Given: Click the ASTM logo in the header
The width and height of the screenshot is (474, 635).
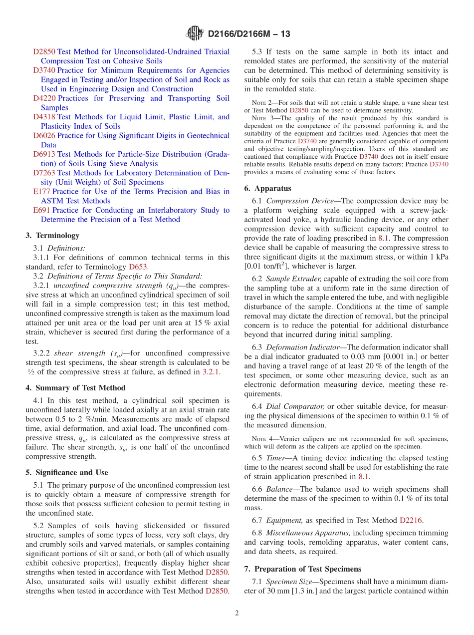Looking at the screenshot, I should pyautogui.click(x=195, y=33).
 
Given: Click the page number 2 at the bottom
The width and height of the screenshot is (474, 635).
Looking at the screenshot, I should pyautogui.click(x=237, y=613).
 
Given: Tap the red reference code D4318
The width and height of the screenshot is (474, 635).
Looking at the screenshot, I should pyautogui.click(x=44, y=117).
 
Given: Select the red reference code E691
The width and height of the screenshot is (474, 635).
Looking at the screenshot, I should pyautogui.click(x=41, y=210).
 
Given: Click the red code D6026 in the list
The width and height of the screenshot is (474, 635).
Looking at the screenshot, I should pyautogui.click(x=44, y=136).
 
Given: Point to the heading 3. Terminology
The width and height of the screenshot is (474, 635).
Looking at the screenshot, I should pyautogui.click(x=52, y=236).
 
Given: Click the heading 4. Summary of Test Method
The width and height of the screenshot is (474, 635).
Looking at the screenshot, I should pyautogui.click(x=75, y=388).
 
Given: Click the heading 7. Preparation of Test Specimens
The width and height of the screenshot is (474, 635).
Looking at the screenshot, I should pyautogui.click(x=302, y=569).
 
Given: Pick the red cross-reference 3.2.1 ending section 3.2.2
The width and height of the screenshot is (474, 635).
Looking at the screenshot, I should pyautogui.click(x=210, y=372).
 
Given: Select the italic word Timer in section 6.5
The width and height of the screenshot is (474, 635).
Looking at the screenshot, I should pyautogui.click(x=276, y=458).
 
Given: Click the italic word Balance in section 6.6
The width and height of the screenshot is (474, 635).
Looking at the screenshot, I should pyautogui.click(x=279, y=489).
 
